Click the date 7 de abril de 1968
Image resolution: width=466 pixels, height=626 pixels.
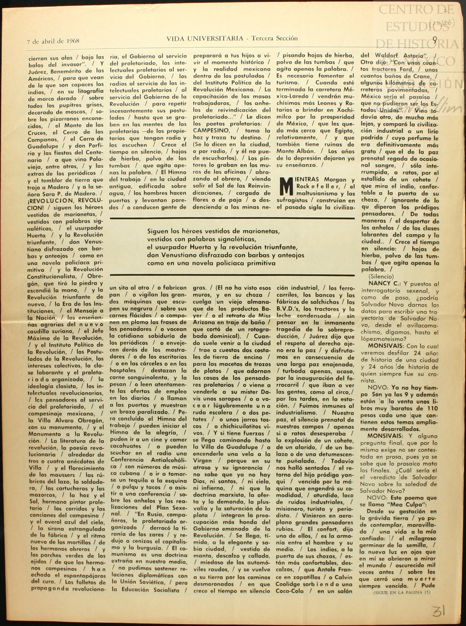click(53, 41)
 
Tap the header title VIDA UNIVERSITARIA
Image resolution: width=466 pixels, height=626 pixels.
click(205, 38)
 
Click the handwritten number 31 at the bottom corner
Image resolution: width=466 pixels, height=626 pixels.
click(439, 611)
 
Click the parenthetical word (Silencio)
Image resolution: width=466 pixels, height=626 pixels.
click(381, 276)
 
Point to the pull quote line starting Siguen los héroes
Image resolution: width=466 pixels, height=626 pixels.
click(213, 231)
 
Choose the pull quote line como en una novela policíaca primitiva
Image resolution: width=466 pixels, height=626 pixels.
click(211, 263)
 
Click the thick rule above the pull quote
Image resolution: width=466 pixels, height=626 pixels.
click(232, 219)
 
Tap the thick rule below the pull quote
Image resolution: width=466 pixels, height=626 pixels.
click(232, 275)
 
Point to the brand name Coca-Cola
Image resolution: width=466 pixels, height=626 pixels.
click(290, 591)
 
